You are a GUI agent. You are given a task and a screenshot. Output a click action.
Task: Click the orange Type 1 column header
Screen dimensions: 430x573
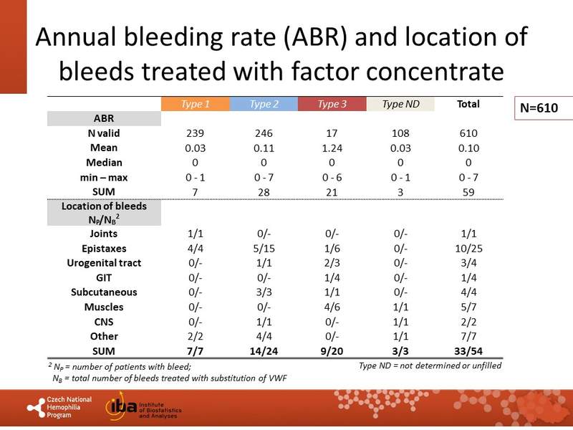(196, 105)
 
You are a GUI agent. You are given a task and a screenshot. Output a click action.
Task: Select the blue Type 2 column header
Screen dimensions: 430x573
(264, 105)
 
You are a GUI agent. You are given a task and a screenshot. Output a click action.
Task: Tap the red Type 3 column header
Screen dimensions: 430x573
(332, 105)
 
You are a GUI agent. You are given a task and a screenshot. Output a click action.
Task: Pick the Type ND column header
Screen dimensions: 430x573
(401, 105)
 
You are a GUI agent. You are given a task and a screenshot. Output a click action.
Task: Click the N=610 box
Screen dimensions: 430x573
(544, 109)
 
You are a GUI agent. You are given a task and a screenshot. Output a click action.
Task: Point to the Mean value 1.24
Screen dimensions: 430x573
(332, 148)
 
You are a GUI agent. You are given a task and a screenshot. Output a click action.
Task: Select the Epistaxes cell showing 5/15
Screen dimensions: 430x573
(264, 248)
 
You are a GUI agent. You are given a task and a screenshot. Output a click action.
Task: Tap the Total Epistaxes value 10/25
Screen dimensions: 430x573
(468, 248)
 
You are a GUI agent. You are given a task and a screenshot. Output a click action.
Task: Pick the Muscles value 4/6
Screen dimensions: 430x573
(332, 307)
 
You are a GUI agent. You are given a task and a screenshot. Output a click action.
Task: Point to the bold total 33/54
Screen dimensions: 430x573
(468, 351)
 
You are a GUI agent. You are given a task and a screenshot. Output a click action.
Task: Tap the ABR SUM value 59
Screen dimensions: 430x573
(468, 192)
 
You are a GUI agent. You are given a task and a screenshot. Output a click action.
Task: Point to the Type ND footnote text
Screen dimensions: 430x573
(430, 365)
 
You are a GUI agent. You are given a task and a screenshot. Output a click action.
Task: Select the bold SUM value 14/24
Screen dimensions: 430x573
(264, 351)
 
